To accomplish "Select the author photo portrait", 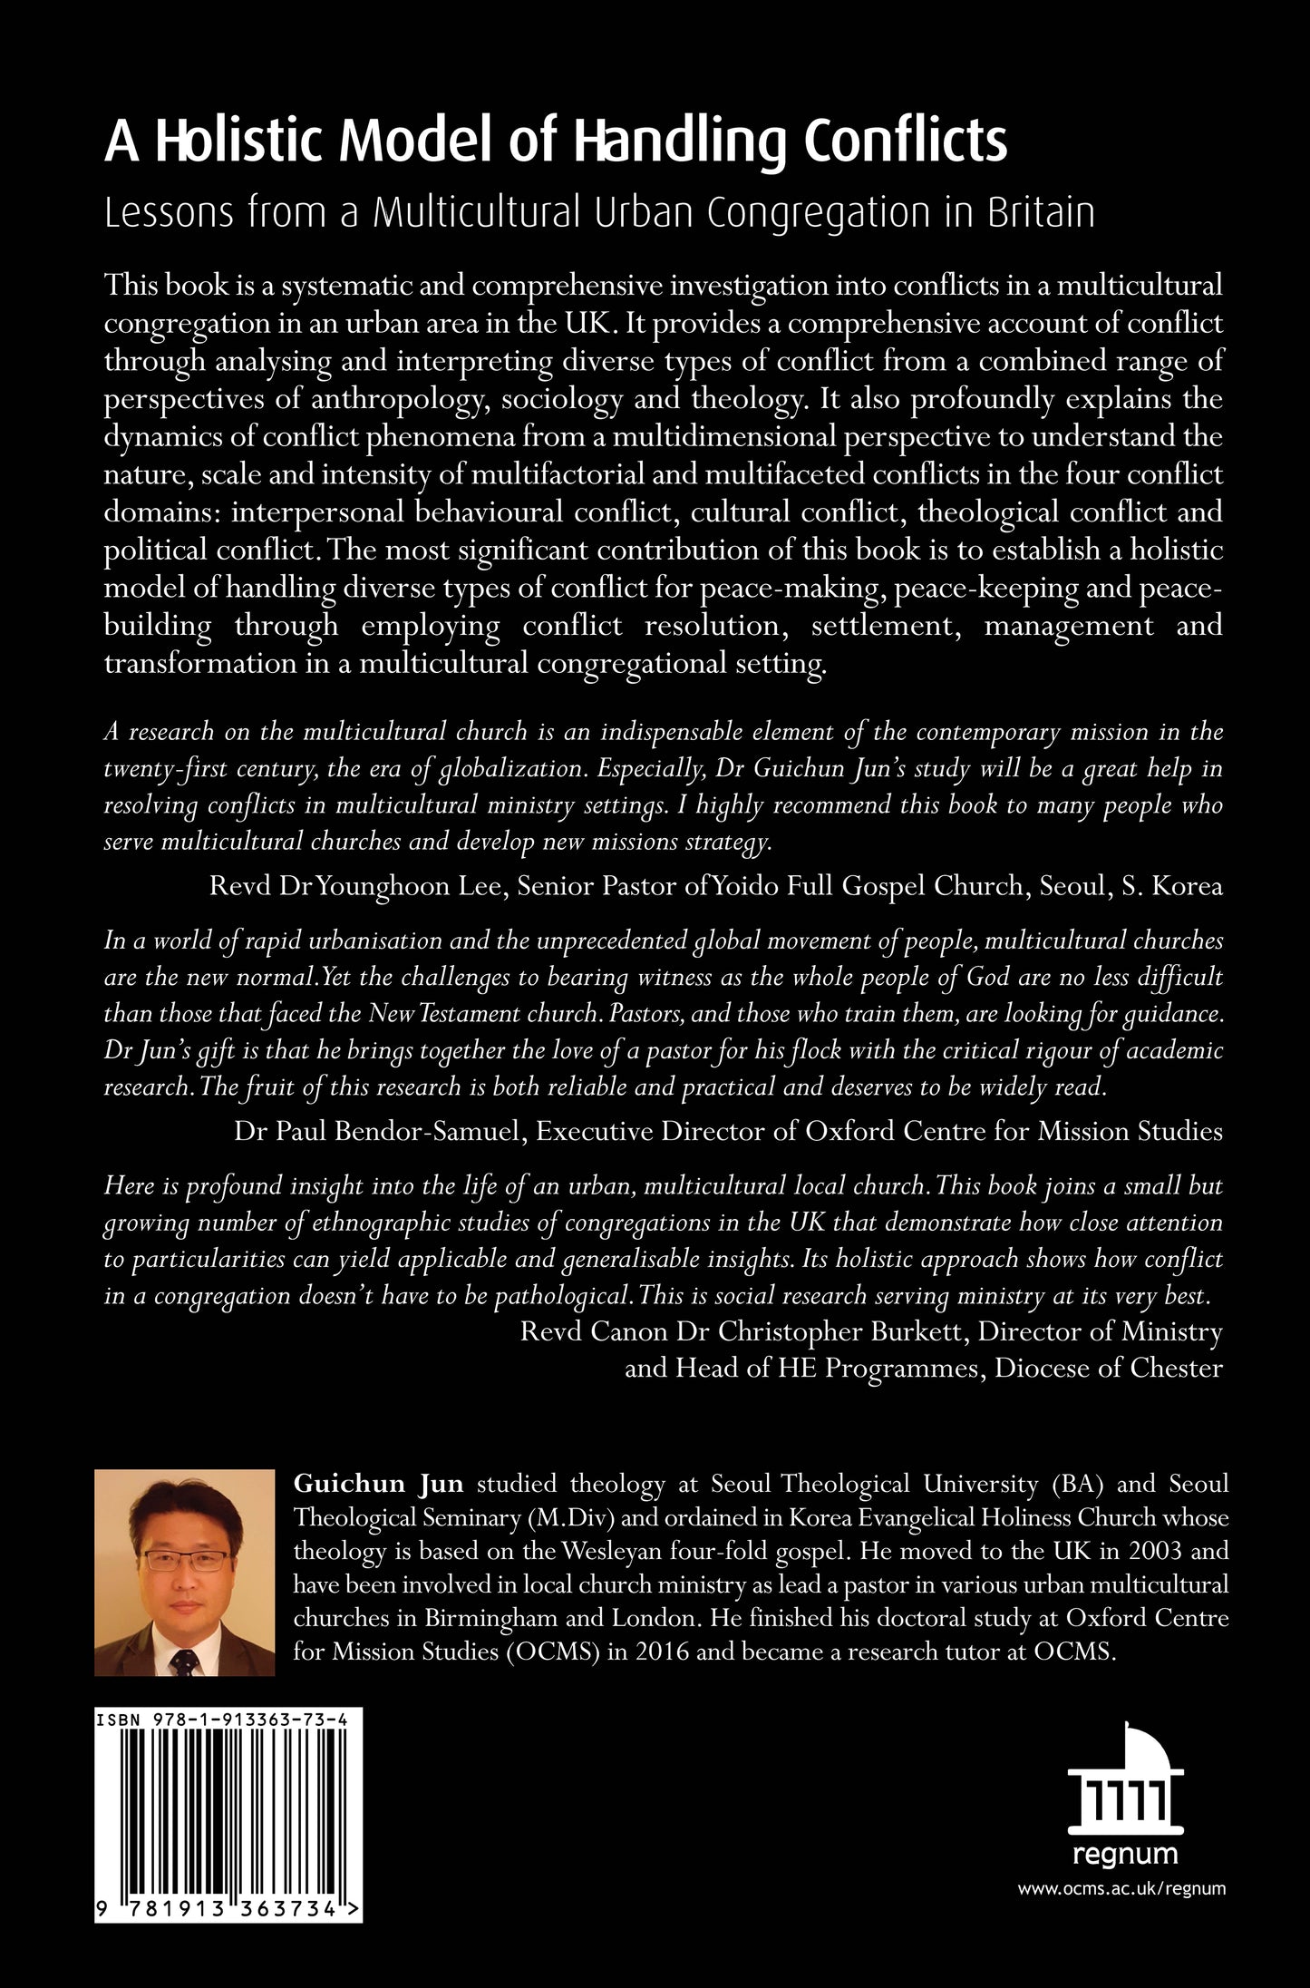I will coord(184,1572).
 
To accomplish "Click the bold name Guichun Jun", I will coord(378,1485).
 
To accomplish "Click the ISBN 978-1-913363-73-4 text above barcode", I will coord(228,1719).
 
